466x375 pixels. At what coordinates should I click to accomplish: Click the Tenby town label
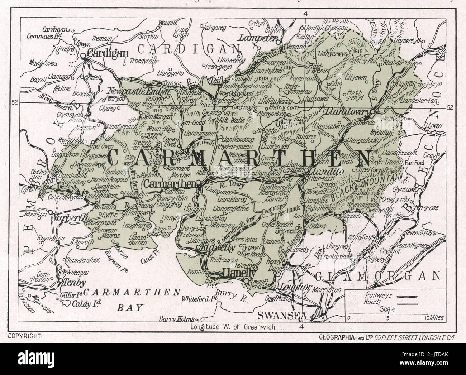[x=74, y=283]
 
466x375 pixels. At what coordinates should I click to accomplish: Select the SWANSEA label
[x=282, y=316]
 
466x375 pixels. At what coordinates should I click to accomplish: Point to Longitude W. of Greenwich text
[x=233, y=327]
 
